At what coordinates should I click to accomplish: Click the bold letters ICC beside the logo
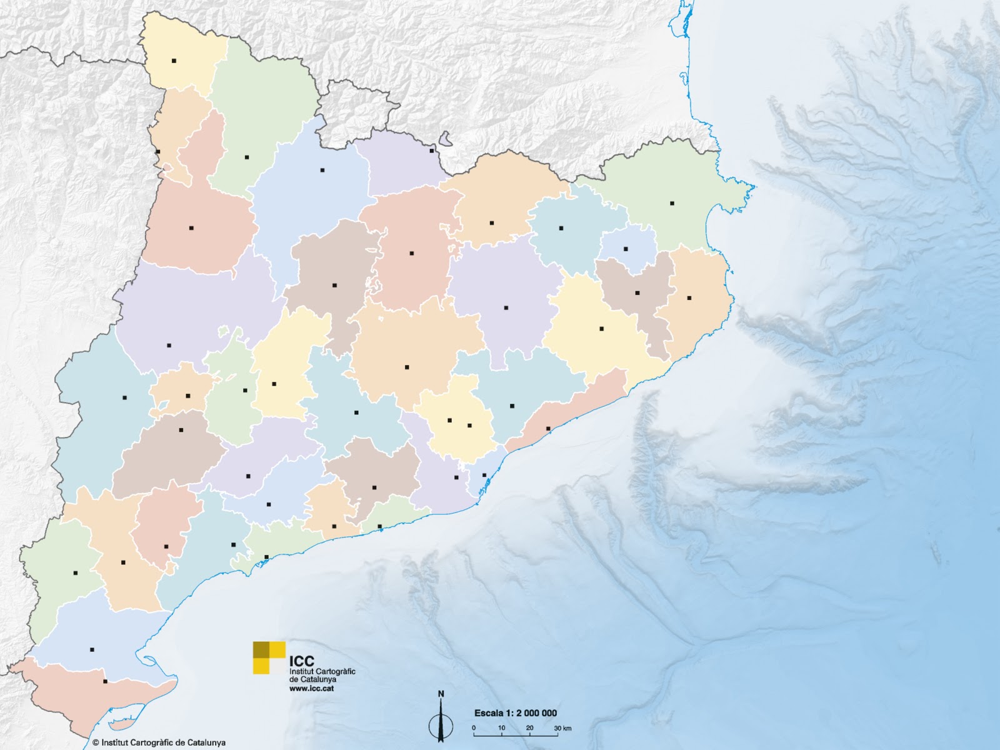(302, 661)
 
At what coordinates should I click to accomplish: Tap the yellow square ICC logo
(269, 657)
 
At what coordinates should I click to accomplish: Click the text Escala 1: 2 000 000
(515, 713)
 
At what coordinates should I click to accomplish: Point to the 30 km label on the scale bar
(562, 729)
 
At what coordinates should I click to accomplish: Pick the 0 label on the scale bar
(474, 729)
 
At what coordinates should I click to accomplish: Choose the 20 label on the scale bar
(529, 729)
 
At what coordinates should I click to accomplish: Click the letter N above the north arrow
(441, 694)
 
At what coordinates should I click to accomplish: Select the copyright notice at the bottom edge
(159, 743)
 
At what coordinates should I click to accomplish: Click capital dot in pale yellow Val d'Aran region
(174, 61)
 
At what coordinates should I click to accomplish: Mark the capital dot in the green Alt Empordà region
(672, 203)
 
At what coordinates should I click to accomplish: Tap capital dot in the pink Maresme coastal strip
(548, 428)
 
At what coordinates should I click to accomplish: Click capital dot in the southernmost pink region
(105, 681)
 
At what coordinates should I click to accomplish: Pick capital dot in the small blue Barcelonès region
(484, 475)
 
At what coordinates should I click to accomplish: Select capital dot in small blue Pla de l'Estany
(625, 249)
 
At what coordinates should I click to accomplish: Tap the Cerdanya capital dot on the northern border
(431, 151)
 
